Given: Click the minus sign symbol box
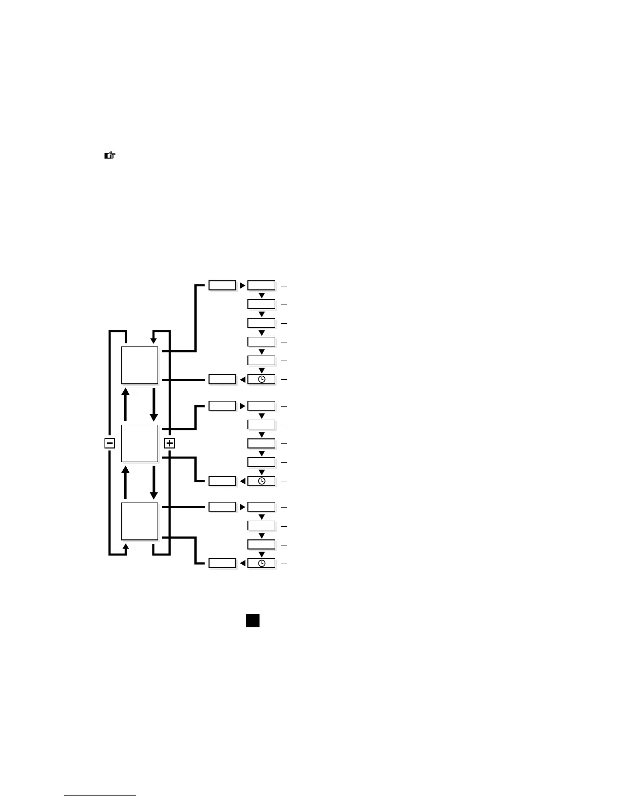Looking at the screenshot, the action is pos(110,443).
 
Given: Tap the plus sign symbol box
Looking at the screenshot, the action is pos(170,443).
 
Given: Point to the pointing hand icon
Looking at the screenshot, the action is pos(110,156).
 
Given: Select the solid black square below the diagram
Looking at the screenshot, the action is pos(253,621).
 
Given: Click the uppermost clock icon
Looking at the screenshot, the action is pos(262,379).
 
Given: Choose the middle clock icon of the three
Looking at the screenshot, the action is pos(262,481).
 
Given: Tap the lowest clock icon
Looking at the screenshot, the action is pos(262,563).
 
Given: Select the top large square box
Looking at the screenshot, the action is pos(139,365).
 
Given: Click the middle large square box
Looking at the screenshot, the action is pos(139,443).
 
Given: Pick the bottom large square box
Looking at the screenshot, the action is pos(139,521).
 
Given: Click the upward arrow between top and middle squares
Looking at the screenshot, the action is pos(126,404).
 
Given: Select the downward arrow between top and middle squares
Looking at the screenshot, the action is pos(153,404).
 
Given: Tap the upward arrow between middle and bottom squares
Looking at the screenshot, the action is pos(126,482).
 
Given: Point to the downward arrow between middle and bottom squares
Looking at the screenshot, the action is pos(153,482).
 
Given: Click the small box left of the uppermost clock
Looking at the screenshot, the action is pos(222,379).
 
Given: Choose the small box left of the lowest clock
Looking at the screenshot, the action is pos(222,563).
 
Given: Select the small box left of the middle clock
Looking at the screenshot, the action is pos(222,481).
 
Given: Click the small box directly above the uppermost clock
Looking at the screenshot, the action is pos(262,361).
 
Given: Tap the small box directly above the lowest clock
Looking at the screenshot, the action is pos(262,544).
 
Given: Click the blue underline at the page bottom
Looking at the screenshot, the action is pos(100,796).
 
